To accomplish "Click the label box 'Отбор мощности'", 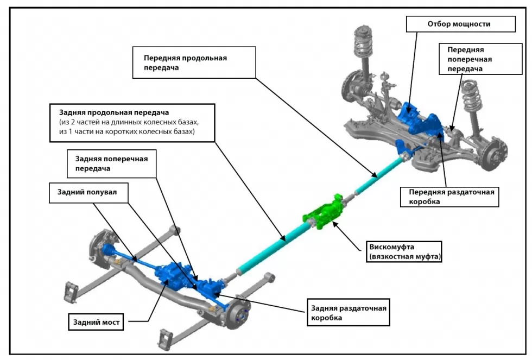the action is click(x=461, y=24).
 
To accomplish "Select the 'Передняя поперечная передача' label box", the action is click(x=480, y=59).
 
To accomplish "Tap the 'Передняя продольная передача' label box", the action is click(x=194, y=62).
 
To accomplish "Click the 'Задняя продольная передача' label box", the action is click(x=132, y=123).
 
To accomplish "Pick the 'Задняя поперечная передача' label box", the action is click(x=112, y=163).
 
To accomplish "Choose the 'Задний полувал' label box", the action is click(x=88, y=193).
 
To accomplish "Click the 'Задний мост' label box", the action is click(x=97, y=322).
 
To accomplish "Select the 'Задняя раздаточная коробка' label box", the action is click(x=349, y=313).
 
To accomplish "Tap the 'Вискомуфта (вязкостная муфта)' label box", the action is click(x=404, y=251).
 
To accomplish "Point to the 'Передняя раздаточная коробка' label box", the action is click(x=449, y=197).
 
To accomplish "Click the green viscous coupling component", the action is click(x=323, y=212).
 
